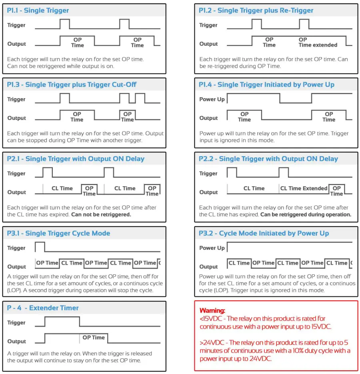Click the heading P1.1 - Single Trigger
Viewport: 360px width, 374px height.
coord(38,11)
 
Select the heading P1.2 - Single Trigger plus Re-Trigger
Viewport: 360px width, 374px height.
coord(256,11)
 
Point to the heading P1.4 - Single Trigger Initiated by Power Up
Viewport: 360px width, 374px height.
coord(266,85)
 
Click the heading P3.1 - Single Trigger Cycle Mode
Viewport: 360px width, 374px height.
coord(58,233)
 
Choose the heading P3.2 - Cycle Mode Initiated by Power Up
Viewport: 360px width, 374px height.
coord(264,233)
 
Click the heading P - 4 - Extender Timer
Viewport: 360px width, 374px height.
coord(43,308)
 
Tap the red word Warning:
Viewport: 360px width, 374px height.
coord(212,310)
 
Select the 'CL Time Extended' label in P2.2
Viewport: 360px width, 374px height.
coord(304,188)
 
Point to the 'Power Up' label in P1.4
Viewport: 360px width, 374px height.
coord(212,99)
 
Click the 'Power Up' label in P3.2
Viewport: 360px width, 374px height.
coord(212,248)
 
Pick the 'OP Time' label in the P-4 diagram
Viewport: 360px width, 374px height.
coord(94,338)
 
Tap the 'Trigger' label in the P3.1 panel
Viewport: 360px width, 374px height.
coord(16,248)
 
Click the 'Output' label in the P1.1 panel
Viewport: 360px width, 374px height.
coord(16,44)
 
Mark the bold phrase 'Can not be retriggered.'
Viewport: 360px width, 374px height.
coord(101,215)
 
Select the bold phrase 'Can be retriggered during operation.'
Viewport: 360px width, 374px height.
coord(306,215)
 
